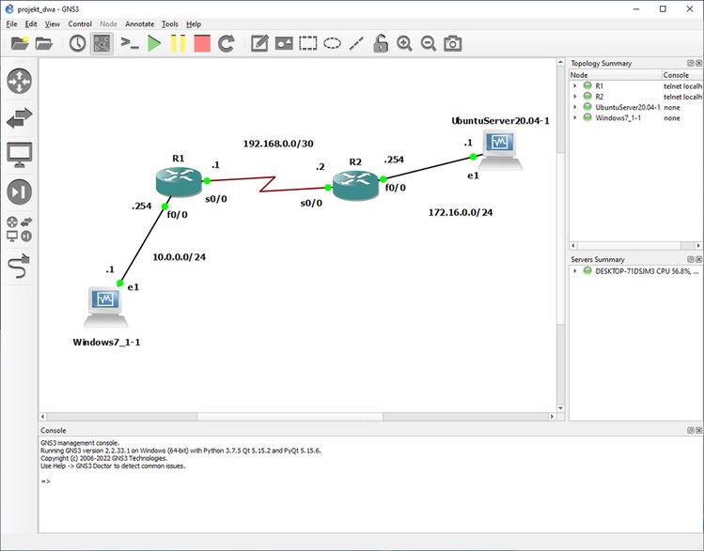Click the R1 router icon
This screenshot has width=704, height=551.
pyautogui.click(x=179, y=181)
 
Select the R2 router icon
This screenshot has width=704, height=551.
pyautogui.click(x=355, y=186)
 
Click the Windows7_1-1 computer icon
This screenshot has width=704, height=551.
pyautogui.click(x=106, y=307)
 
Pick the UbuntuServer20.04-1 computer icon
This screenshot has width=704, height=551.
pyautogui.click(x=500, y=150)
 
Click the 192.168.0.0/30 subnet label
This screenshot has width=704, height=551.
pyautogui.click(x=278, y=144)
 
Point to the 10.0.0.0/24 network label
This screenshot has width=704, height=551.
pyautogui.click(x=180, y=257)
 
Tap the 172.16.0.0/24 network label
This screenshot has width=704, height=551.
pyautogui.click(x=461, y=212)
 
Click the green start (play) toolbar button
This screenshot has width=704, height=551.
pyautogui.click(x=154, y=43)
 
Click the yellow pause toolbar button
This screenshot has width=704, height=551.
pyautogui.click(x=179, y=43)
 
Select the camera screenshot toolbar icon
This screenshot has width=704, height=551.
pyautogui.click(x=453, y=43)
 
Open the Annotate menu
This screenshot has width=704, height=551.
pyautogui.click(x=139, y=24)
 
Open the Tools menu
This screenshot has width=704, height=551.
pyautogui.click(x=170, y=24)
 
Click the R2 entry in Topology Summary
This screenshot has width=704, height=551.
pyautogui.click(x=600, y=97)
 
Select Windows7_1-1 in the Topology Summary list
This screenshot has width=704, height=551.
pyautogui.click(x=618, y=118)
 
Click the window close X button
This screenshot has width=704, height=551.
pyautogui.click(x=690, y=9)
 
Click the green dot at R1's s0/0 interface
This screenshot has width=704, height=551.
pyautogui.click(x=207, y=180)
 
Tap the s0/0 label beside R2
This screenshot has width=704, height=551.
pyautogui.click(x=311, y=203)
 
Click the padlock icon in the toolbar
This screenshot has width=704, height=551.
pyautogui.click(x=381, y=43)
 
